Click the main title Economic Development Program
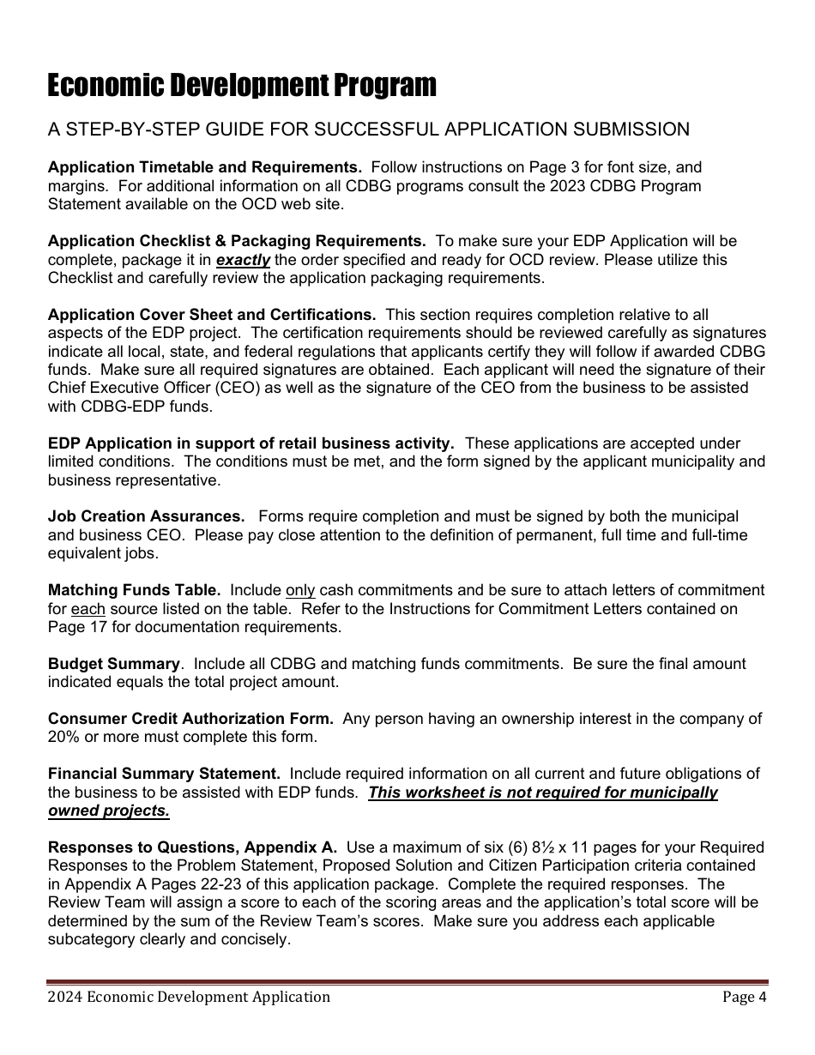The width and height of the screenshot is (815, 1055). tap(242, 86)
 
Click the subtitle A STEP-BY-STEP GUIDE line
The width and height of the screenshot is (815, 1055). tap(368, 130)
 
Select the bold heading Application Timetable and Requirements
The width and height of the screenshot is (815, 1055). tap(205, 167)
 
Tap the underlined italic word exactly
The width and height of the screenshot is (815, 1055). tap(243, 260)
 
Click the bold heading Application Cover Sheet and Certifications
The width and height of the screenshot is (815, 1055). tap(212, 315)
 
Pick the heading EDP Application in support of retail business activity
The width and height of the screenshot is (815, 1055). tap(251, 443)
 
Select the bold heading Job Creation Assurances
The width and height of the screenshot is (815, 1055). tap(146, 516)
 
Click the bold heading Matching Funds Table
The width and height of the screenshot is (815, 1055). tap(134, 590)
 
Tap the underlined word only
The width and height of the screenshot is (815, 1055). tap(300, 590)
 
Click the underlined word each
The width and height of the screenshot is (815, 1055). tap(88, 609)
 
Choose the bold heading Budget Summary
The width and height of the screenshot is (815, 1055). tap(114, 664)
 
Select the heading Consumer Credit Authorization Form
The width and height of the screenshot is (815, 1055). tap(190, 719)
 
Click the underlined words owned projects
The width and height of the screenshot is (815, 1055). tap(109, 811)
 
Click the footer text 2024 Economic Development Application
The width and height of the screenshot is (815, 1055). tap(189, 997)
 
